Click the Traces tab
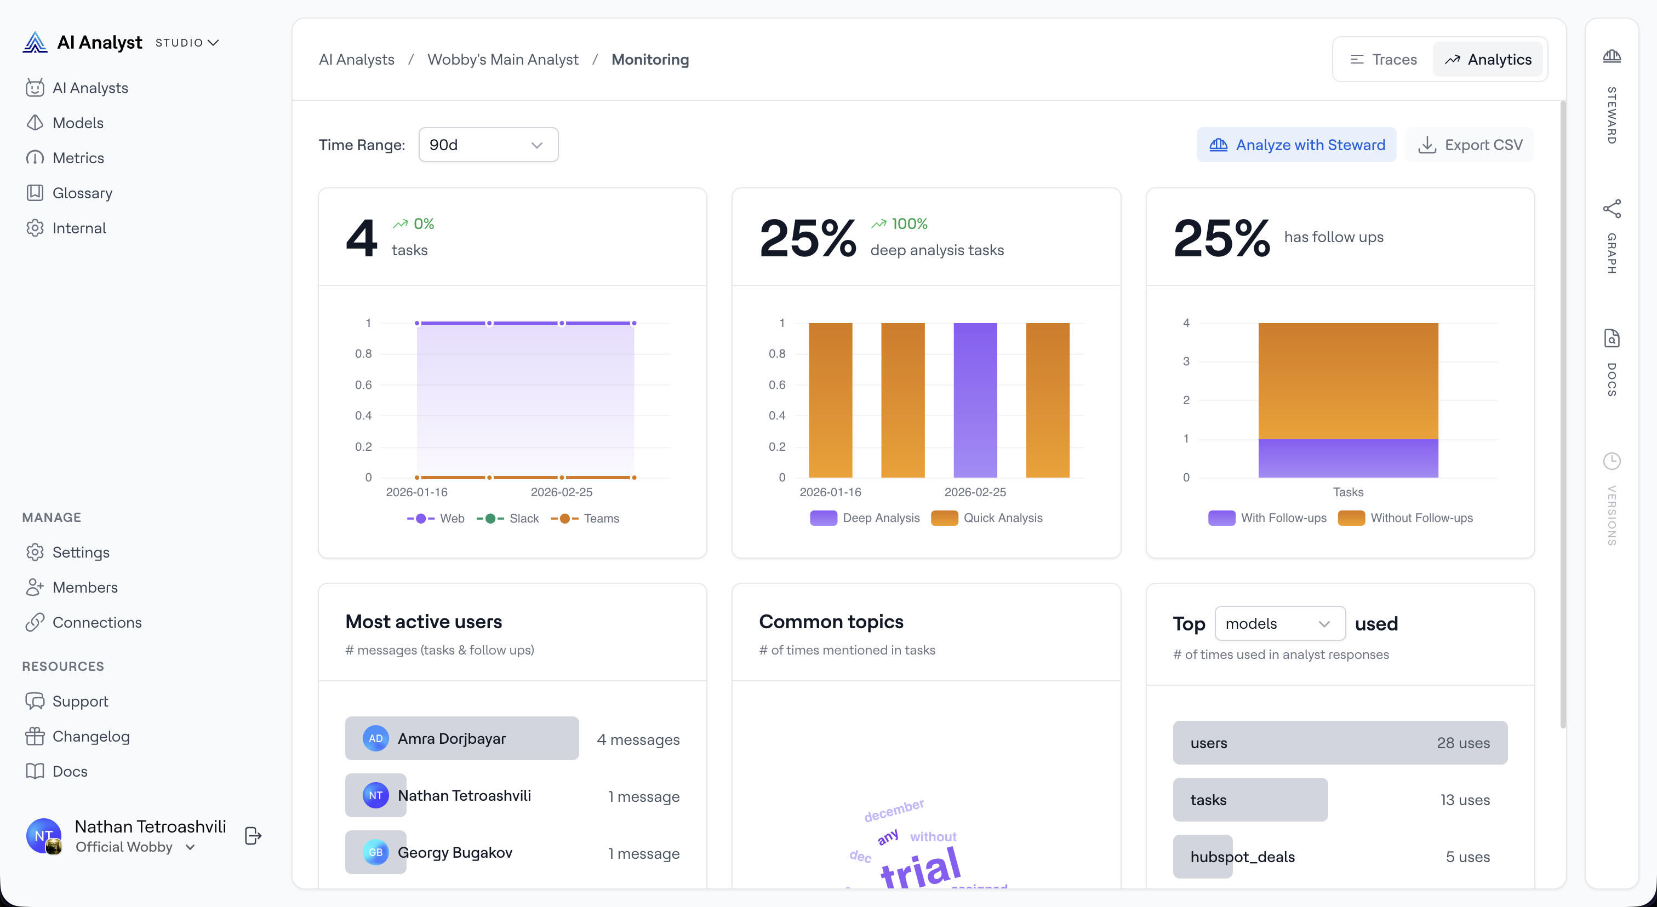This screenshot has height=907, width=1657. (1383, 60)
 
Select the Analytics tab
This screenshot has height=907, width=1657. (1488, 60)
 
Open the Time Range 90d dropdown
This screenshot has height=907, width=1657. (488, 145)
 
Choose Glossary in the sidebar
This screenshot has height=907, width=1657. (82, 193)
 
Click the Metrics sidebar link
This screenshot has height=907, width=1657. (78, 158)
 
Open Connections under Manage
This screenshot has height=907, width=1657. (96, 622)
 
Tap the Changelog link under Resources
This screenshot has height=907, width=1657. (91, 737)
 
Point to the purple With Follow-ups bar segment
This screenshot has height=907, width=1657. (1347, 458)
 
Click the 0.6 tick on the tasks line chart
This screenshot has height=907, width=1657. (363, 385)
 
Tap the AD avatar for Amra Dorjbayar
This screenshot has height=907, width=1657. (376, 739)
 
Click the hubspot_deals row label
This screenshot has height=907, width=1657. (1242, 857)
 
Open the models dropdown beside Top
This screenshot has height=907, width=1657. (1279, 623)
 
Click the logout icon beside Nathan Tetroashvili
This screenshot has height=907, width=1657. (253, 836)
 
